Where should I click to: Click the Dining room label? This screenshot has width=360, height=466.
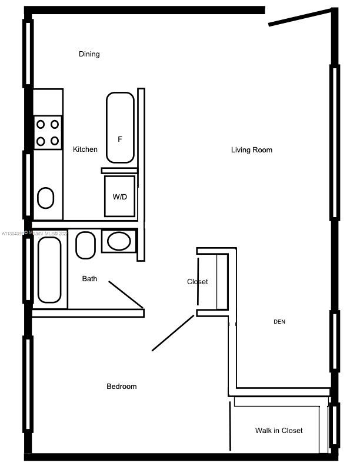tap(89, 54)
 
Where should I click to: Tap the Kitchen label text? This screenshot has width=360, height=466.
tap(85, 149)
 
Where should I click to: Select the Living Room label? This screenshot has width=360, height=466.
tap(251, 150)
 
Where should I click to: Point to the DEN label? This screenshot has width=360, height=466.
tap(279, 322)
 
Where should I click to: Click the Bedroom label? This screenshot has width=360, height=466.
tap(121, 387)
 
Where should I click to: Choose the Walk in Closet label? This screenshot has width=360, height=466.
tap(279, 431)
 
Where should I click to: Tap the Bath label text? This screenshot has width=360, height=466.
tap(90, 279)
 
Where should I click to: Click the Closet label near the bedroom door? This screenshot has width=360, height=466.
tap(197, 282)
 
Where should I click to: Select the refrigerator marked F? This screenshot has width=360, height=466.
tap(120, 128)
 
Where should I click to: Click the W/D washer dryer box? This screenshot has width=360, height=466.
tap(120, 197)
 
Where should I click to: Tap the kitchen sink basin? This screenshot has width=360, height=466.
tap(46, 198)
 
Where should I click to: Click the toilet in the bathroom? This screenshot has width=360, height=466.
tap(86, 245)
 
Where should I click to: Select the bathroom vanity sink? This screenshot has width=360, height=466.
tap(119, 241)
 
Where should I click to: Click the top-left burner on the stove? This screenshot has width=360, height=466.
tap(41, 124)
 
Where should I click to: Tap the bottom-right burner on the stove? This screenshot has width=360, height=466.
tap(55, 141)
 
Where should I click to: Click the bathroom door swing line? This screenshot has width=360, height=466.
tap(126, 294)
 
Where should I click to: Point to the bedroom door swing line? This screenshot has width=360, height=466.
tap(173, 333)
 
